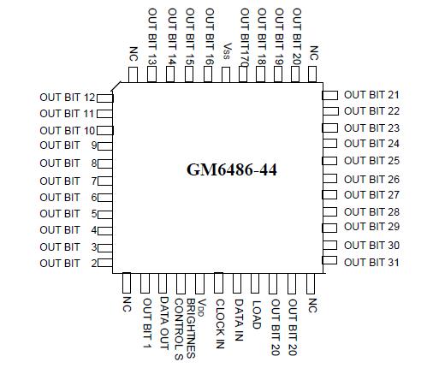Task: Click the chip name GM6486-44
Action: tap(232, 169)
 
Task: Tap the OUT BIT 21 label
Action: tap(371, 95)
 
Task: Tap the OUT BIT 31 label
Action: tap(371, 262)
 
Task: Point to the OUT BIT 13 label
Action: tap(151, 37)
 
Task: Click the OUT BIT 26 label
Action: tap(371, 180)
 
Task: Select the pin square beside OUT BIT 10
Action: tap(105, 130)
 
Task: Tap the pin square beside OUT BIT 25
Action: tap(329, 161)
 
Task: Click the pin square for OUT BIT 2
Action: tap(105, 264)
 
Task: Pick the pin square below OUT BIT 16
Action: tap(208, 74)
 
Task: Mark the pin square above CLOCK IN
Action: tap(219, 282)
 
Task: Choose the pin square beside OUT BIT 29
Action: tap(329, 228)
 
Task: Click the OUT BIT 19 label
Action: tap(279, 37)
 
